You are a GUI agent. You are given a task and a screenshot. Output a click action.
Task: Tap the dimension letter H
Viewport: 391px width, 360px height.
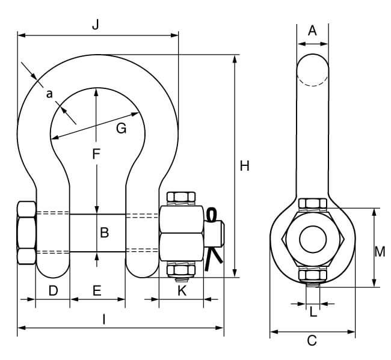click(244, 166)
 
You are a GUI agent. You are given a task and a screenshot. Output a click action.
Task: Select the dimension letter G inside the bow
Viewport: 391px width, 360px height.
click(121, 128)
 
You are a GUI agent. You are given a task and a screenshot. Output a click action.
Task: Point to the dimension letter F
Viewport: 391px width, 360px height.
click(96, 154)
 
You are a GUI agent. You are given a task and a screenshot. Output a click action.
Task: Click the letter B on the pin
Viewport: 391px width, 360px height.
click(103, 232)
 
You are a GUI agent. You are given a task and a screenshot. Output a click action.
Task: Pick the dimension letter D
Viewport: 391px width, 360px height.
click(53, 291)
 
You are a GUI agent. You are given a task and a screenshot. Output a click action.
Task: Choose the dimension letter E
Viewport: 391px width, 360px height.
click(96, 291)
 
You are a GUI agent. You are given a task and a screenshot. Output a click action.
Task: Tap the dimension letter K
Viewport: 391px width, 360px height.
click(182, 291)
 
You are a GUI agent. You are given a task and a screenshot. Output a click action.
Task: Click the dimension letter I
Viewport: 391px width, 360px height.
click(103, 320)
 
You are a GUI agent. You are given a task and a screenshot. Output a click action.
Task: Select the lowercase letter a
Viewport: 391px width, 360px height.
click(49, 93)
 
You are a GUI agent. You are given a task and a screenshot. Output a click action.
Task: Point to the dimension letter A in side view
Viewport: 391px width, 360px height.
click(312, 31)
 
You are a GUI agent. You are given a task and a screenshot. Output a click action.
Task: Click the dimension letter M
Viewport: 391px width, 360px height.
click(379, 252)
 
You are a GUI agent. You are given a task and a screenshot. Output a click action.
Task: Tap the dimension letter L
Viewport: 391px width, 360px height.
click(312, 312)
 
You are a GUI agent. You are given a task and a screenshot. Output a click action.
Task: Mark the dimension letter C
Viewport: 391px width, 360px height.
click(312, 341)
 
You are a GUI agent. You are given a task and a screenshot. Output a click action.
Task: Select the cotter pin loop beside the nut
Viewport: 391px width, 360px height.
click(211, 215)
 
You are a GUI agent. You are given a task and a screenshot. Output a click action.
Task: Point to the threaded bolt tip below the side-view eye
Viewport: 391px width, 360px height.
click(312, 294)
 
